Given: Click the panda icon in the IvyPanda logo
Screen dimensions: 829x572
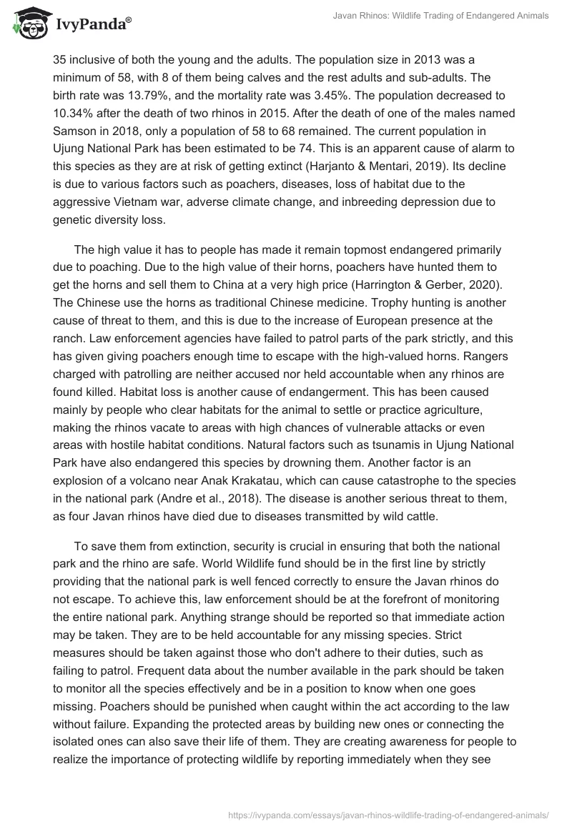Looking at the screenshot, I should [x=28, y=24].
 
